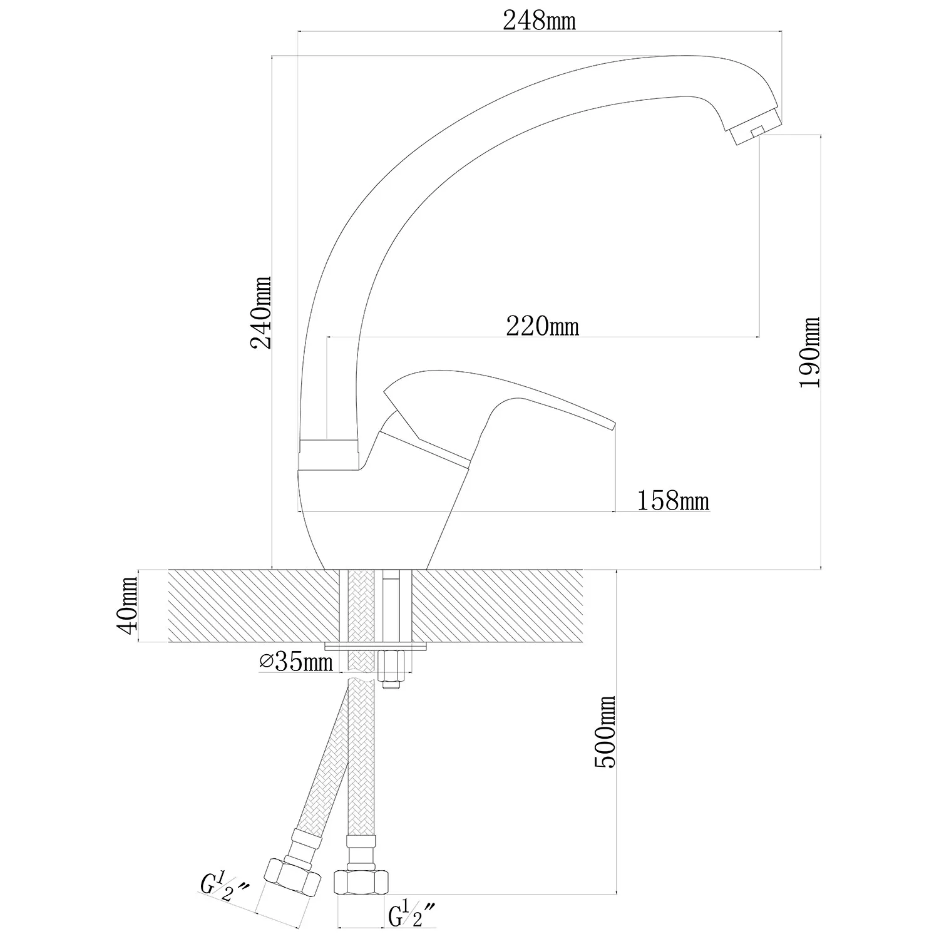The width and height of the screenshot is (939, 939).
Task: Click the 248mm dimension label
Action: click(539, 21)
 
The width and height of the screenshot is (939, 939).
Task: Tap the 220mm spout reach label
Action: click(542, 326)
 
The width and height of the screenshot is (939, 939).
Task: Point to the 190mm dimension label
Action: click(809, 352)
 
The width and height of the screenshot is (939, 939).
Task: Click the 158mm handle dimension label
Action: click(673, 501)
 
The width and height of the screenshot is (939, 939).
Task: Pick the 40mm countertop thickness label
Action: click(130, 606)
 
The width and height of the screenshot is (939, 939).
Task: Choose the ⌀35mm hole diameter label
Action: click(296, 662)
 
